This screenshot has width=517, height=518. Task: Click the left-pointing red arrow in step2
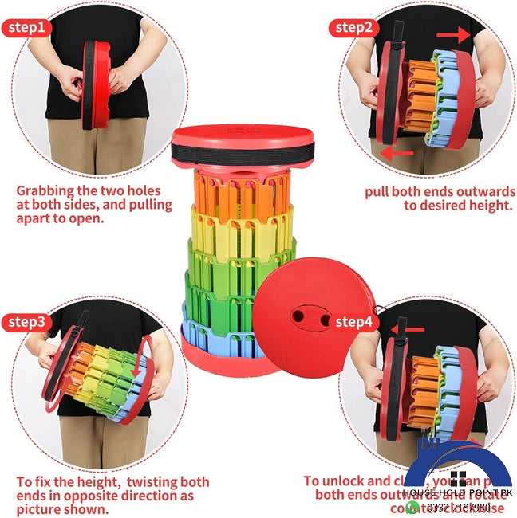point(397,152)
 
